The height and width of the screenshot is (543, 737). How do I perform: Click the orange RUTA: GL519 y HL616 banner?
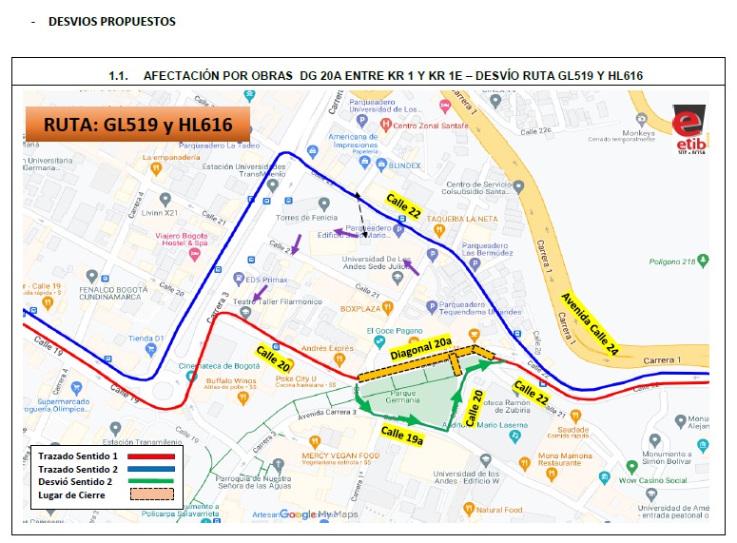coord(137,123)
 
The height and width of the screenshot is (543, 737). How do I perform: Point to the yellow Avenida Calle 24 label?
coord(590,324)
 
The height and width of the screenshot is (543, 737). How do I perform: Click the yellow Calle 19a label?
coord(403,436)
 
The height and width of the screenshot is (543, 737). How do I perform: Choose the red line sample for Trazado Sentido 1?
coord(145,456)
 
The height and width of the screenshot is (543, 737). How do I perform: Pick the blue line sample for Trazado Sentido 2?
coord(145,470)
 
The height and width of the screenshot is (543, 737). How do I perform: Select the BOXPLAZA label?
coord(360,308)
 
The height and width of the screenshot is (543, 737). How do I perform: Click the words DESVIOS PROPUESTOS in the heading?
coord(111,22)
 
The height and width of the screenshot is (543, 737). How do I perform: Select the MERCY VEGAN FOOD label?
coord(339,456)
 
